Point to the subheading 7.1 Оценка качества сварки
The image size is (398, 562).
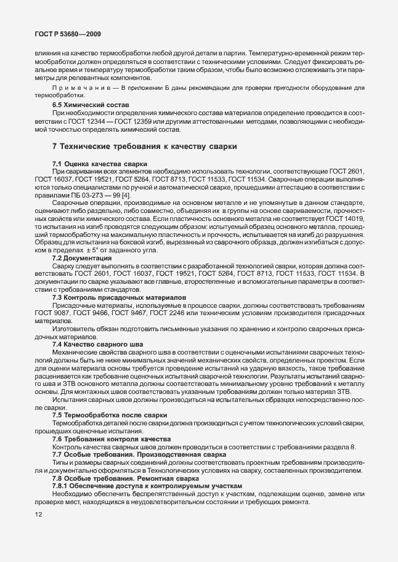(100, 164)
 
